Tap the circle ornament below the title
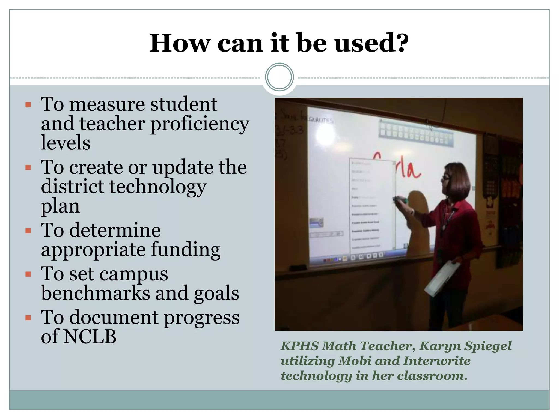point(279,77)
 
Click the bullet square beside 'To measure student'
point(28,104)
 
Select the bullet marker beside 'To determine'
point(28,231)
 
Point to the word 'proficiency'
point(200,124)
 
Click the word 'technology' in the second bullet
point(158,187)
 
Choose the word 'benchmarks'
point(96,293)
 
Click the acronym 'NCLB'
point(90,336)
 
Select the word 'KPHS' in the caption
point(300,346)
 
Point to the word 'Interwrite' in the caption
point(437,361)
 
